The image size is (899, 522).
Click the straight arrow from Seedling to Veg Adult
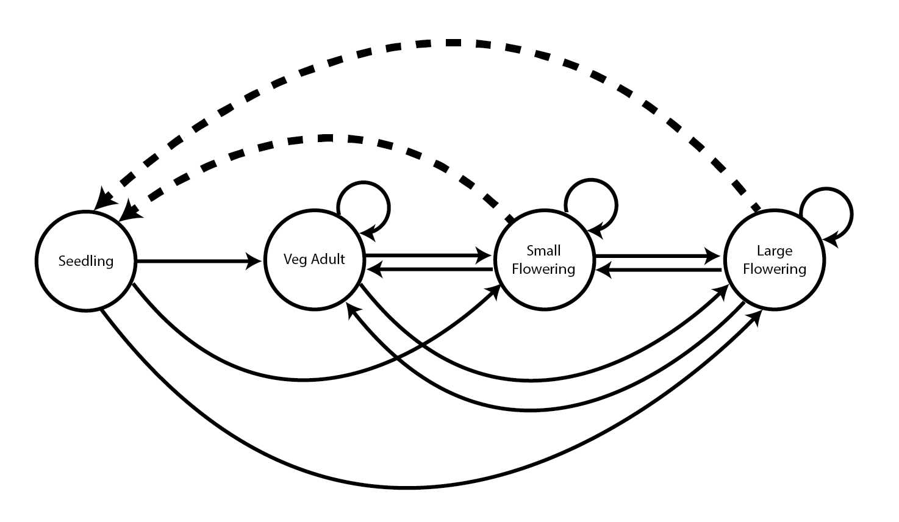click(x=195, y=262)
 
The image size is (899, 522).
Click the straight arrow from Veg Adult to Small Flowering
click(x=427, y=257)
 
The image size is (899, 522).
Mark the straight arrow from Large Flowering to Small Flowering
click(x=659, y=269)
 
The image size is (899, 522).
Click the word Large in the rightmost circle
click(x=774, y=251)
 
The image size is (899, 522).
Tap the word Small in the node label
click(x=543, y=251)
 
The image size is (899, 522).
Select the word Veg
click(x=295, y=260)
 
